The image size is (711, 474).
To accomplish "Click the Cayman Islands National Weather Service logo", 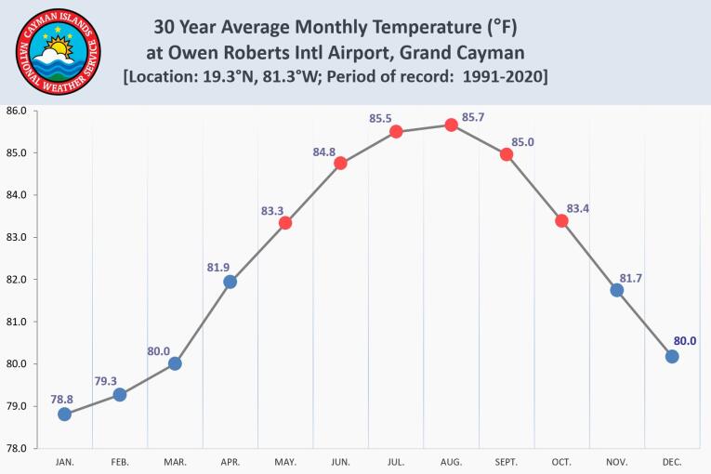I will (x=58, y=53).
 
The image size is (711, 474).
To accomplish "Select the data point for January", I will (x=64, y=414).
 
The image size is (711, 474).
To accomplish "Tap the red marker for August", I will (x=451, y=125).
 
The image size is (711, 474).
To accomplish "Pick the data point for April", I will (x=230, y=282).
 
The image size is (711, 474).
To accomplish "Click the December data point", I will (x=672, y=356).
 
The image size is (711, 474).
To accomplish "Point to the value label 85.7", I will (x=473, y=117).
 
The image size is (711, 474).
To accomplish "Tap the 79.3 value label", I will (x=105, y=380).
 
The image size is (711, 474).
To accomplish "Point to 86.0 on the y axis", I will (x=17, y=112).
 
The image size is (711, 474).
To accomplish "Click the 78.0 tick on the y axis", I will (x=17, y=448).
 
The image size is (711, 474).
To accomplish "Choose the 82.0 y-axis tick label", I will (x=17, y=280).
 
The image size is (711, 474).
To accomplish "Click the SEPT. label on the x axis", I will (x=507, y=462).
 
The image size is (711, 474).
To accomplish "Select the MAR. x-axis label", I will (x=175, y=462).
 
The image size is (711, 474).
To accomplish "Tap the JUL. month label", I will (x=396, y=462).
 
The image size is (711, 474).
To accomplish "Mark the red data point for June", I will (x=340, y=163).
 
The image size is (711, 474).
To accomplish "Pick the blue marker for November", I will (x=616, y=290).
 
